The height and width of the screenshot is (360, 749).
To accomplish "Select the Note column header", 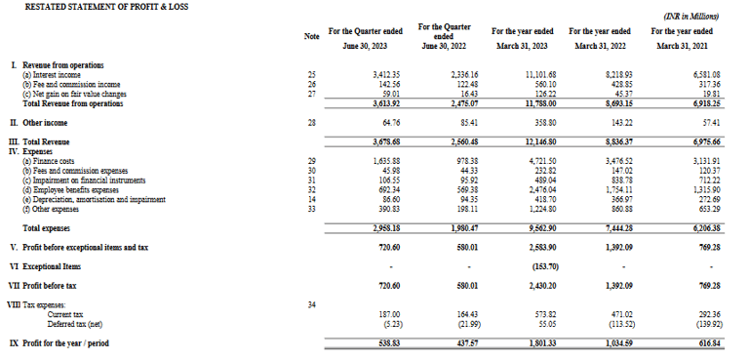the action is pyautogui.click(x=312, y=37).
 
